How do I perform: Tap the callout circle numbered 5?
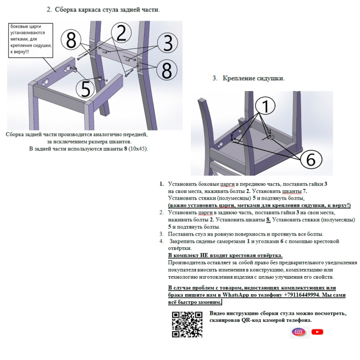(85, 88)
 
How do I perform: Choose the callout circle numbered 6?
(310, 159)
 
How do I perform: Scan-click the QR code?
(186, 324)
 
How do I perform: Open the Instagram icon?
(298, 332)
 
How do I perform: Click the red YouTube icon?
(317, 332)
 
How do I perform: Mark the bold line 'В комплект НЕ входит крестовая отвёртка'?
(225, 255)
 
